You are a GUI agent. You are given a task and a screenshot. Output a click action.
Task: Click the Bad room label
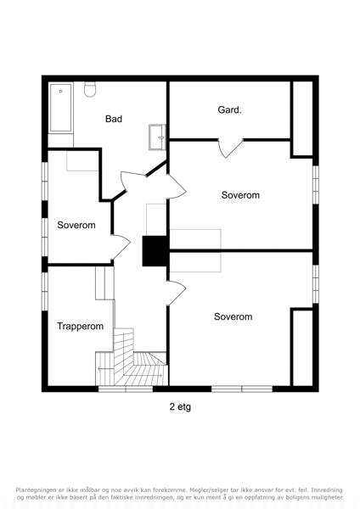(x=114, y=119)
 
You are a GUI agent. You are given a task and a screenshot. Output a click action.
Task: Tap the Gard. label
(x=230, y=109)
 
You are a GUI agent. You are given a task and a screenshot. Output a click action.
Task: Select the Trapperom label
(x=81, y=327)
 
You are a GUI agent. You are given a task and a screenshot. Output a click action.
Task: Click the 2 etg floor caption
(x=180, y=407)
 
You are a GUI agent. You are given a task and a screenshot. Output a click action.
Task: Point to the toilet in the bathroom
(x=90, y=89)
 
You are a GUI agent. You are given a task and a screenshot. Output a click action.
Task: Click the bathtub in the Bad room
(x=61, y=108)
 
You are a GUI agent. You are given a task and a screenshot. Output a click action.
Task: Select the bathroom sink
(x=158, y=137)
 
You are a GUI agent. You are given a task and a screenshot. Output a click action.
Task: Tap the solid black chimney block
(x=155, y=251)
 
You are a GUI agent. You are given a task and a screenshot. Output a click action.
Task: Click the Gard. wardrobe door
(x=230, y=148)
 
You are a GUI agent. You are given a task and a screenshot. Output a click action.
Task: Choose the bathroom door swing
(x=133, y=181)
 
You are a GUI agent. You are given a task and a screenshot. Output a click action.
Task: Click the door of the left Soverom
(x=121, y=246)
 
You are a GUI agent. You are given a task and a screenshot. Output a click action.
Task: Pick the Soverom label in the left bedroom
(x=76, y=225)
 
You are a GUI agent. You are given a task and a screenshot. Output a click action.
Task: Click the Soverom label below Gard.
(x=240, y=195)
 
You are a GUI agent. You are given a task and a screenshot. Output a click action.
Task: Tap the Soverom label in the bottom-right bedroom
(x=233, y=316)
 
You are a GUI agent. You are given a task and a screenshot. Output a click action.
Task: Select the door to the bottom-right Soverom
(x=177, y=293)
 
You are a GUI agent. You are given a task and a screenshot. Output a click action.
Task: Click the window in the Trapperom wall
(x=45, y=291)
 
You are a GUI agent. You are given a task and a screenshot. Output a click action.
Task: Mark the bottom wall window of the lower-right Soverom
(x=242, y=389)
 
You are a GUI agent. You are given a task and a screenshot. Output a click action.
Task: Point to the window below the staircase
(x=126, y=389)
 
